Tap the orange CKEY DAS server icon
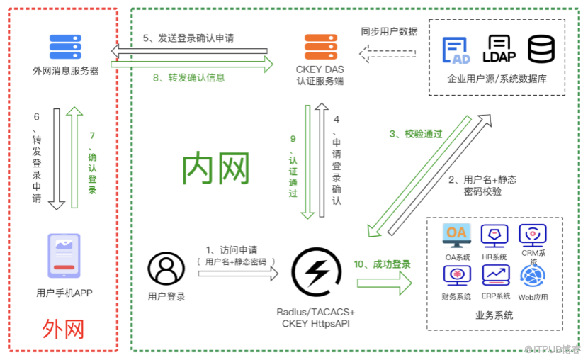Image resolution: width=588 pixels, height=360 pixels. coord(320,47)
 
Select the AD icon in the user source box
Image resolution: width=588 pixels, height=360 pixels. coord(456,50)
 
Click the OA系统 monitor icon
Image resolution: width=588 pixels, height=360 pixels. coord(457,235)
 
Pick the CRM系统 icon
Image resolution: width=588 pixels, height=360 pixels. coord(532,235)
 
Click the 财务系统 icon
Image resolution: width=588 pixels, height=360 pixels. coord(457,274)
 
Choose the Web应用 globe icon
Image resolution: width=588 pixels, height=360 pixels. coord(532,275)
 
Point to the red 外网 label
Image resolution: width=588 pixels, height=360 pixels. coord(63,329)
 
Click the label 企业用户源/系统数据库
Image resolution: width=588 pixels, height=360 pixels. coord(497,79)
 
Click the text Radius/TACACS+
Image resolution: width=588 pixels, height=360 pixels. coord(316,312)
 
